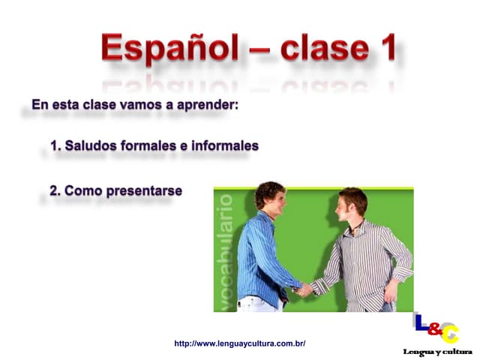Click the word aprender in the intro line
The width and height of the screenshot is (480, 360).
[208, 104]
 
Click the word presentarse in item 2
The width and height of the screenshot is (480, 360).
[145, 191]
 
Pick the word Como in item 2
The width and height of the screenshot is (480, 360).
[84, 191]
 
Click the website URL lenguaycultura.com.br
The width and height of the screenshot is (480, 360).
[239, 343]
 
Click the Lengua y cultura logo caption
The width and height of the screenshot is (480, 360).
[437, 352]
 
